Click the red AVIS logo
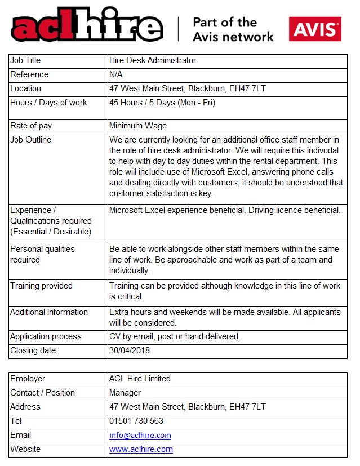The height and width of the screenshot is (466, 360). tap(315, 29)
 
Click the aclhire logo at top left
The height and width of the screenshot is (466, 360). tap(87, 28)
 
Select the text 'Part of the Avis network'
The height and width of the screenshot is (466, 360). tap(233, 29)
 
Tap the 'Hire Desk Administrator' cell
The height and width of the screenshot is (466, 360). tap(153, 60)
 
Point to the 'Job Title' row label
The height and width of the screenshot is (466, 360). tap(25, 60)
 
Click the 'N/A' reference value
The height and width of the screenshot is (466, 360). tap(117, 74)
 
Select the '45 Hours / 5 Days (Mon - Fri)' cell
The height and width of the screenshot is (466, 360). tap(162, 103)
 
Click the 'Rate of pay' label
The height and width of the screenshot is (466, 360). tap(31, 126)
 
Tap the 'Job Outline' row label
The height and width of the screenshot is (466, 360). tap(30, 140)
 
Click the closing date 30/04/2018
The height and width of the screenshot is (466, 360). tap(129, 350)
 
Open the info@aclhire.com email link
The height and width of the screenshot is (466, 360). tap(140, 435)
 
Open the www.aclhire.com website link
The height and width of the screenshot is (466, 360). tap(141, 449)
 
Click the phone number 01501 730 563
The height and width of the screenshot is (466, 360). tap(136, 421)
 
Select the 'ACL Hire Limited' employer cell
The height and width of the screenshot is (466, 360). tap(140, 379)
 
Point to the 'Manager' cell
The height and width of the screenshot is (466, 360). tap(125, 393)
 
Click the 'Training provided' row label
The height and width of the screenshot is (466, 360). tap(41, 286)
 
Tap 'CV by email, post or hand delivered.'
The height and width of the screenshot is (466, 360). tap(175, 336)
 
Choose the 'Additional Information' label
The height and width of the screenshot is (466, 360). tap(49, 312)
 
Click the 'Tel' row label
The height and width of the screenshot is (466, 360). tap(16, 421)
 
